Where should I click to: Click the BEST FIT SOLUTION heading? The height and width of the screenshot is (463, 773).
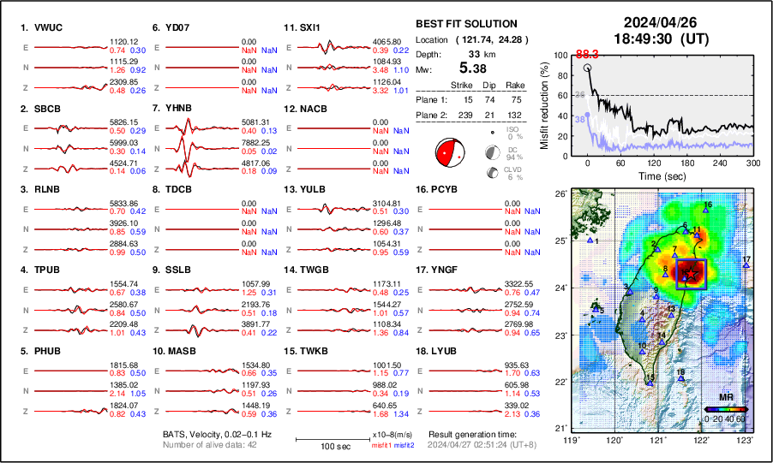pyautogui.click(x=465, y=24)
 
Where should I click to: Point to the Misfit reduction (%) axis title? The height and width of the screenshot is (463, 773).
pyautogui.click(x=545, y=104)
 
